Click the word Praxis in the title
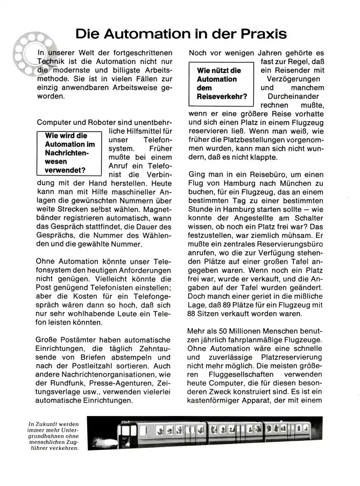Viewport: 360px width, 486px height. click(258, 33)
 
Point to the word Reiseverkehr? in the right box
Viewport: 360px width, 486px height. click(222, 97)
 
